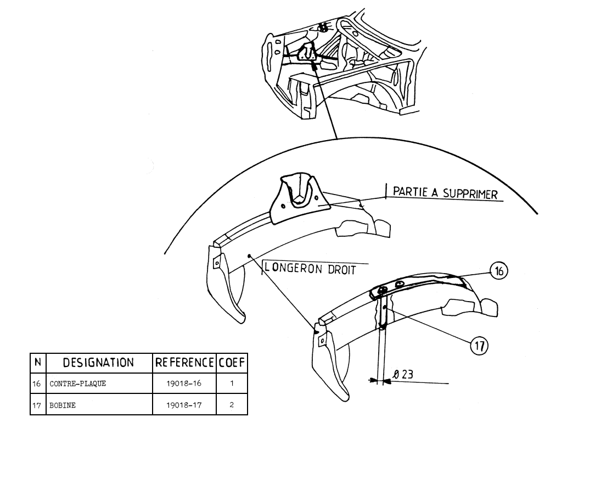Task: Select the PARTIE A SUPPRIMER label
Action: tap(445, 193)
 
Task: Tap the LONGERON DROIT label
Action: tap(310, 269)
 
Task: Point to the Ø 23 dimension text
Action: tap(403, 375)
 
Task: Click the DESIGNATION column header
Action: tap(99, 363)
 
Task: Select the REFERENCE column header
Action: tap(184, 363)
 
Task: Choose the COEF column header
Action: tap(232, 363)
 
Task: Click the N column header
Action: tap(38, 363)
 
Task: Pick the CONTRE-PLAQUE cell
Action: tap(77, 383)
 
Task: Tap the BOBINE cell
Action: tap(62, 404)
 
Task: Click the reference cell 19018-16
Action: tap(184, 383)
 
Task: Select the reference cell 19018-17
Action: tap(184, 404)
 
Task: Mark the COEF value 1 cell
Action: tap(232, 383)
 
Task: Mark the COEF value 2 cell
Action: tap(232, 404)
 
